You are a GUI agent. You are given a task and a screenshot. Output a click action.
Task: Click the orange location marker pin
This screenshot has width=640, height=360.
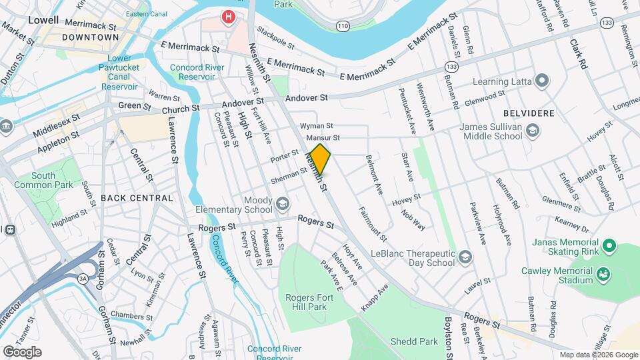click(x=321, y=159)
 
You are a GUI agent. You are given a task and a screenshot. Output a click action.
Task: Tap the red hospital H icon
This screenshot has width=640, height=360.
click(x=229, y=16)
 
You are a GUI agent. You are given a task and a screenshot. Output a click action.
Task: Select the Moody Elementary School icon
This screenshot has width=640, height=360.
click(x=283, y=203)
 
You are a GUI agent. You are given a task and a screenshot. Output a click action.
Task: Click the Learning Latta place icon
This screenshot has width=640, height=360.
click(x=542, y=81)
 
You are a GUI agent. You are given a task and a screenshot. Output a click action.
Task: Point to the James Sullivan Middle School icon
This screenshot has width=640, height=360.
click(x=532, y=131)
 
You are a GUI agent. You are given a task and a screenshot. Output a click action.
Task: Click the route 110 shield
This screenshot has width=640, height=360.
click(x=343, y=26)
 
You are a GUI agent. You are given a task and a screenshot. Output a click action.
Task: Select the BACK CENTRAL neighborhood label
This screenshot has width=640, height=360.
click(x=137, y=198)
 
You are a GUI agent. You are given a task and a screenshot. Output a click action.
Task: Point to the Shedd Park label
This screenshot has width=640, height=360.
click(x=415, y=341)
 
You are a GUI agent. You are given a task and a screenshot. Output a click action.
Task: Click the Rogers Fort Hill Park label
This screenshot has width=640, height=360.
click(x=306, y=302)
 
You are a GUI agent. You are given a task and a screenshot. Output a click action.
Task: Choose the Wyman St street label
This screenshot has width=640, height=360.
click(x=316, y=125)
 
